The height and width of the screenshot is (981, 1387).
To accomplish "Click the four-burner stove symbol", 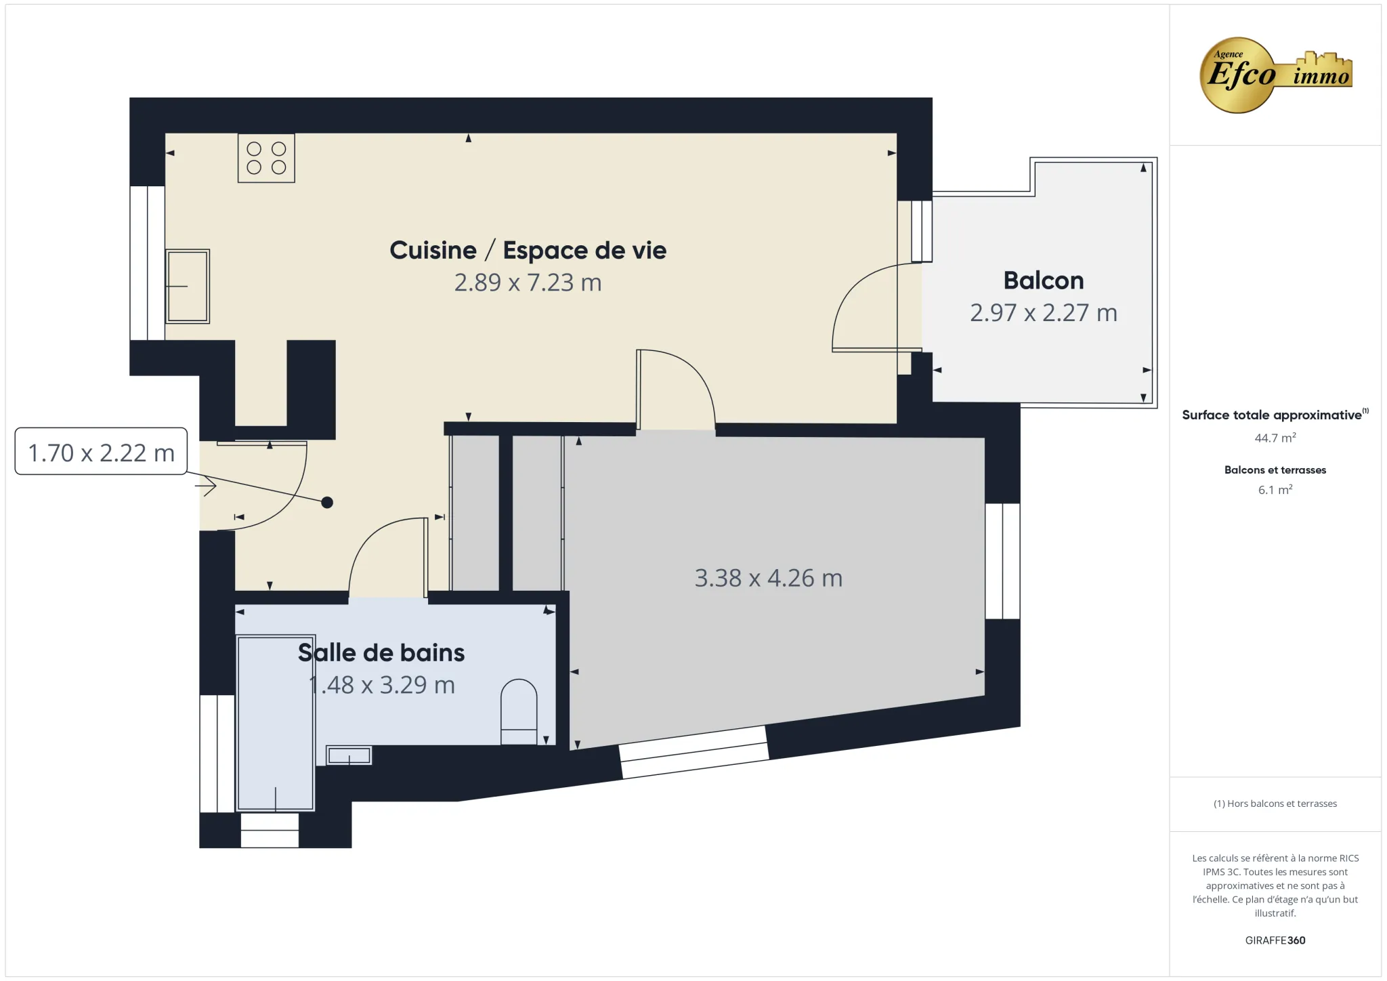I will [x=266, y=158].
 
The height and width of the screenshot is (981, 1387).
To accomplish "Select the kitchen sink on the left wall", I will [x=188, y=286].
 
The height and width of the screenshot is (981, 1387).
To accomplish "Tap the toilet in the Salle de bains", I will [x=519, y=711].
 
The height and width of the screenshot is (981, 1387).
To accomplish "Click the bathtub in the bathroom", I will [x=276, y=722].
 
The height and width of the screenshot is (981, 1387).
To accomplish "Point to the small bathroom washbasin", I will [x=349, y=755].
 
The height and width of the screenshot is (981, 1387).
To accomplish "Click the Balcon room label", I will [x=1043, y=280].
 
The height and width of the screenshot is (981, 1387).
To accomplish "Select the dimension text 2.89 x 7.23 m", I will [x=528, y=283].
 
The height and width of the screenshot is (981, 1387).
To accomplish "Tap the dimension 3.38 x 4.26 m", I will [x=768, y=578].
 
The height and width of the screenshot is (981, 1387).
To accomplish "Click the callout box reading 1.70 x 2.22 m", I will [x=101, y=452].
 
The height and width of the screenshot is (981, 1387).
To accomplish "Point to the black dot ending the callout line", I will [x=327, y=503].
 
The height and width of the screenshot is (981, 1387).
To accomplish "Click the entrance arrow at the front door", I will [x=206, y=486].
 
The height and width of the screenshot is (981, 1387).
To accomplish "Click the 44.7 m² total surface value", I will [x=1275, y=438].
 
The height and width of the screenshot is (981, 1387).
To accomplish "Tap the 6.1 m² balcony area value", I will [x=1275, y=490].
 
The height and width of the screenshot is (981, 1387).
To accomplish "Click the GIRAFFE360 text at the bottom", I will [x=1275, y=940].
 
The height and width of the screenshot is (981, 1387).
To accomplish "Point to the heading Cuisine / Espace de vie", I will [x=528, y=250].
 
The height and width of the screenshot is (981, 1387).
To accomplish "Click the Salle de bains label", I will [x=381, y=652].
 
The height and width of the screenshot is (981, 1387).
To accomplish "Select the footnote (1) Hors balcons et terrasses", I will [x=1275, y=803].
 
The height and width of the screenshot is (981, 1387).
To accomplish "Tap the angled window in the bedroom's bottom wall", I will [x=694, y=752].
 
